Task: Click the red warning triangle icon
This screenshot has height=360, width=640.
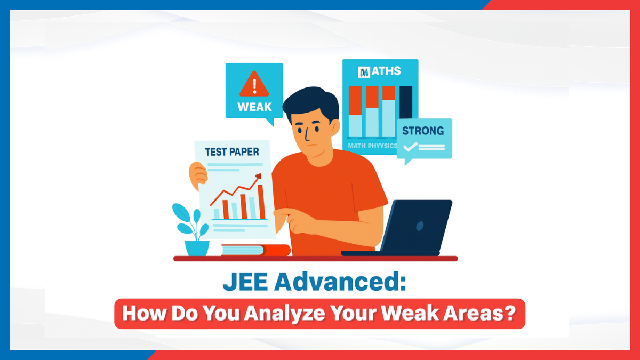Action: coord(254,85)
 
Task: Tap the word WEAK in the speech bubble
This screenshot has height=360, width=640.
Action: coord(254,107)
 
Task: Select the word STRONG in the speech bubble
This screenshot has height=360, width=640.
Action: coord(423,131)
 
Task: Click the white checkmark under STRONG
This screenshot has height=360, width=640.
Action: coord(410,147)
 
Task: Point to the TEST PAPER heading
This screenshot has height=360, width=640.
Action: coord(231,152)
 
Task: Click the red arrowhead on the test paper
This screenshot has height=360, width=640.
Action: coord(259,176)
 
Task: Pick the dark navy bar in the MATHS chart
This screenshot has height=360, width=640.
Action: coord(406,102)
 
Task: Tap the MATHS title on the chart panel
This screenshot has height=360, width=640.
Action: coord(379,71)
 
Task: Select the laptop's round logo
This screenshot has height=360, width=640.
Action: coord(420,226)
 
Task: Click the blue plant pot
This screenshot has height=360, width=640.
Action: coord(197,248)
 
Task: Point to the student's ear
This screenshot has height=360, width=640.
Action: coord(335,127)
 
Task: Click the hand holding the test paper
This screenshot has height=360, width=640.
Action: coord(197,175)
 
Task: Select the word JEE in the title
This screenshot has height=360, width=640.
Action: coord(245,282)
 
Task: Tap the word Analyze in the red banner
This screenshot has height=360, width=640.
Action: coord(284,314)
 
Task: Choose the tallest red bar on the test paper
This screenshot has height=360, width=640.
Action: coord(261,202)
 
